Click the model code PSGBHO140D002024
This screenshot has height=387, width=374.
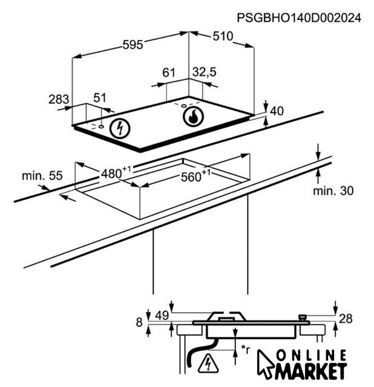[x=299, y=18]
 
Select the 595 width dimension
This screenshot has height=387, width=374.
[x=133, y=45]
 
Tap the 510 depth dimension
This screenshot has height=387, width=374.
[x=223, y=36]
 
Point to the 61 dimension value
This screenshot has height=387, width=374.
[x=169, y=73]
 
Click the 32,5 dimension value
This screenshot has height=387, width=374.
[x=205, y=72]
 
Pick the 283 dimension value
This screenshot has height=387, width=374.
[x=59, y=99]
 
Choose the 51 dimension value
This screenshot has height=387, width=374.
[x=100, y=98]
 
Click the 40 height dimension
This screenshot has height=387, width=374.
[x=277, y=111]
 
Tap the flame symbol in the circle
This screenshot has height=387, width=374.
[x=194, y=117]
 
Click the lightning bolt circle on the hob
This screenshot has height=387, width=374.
[x=120, y=128]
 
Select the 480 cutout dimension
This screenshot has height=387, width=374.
[x=116, y=173]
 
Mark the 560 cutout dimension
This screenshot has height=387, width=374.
[x=195, y=176]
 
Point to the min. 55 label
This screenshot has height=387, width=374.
[x=42, y=176]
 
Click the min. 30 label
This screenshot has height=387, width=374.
[x=333, y=191]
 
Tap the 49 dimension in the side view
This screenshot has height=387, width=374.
[x=162, y=316]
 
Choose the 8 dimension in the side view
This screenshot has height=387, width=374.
[x=139, y=322]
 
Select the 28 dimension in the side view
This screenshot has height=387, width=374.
[x=346, y=319]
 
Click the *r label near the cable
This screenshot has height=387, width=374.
[x=246, y=349]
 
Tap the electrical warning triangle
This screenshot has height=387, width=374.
[x=208, y=363]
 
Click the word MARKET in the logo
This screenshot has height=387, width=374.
[x=311, y=371]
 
